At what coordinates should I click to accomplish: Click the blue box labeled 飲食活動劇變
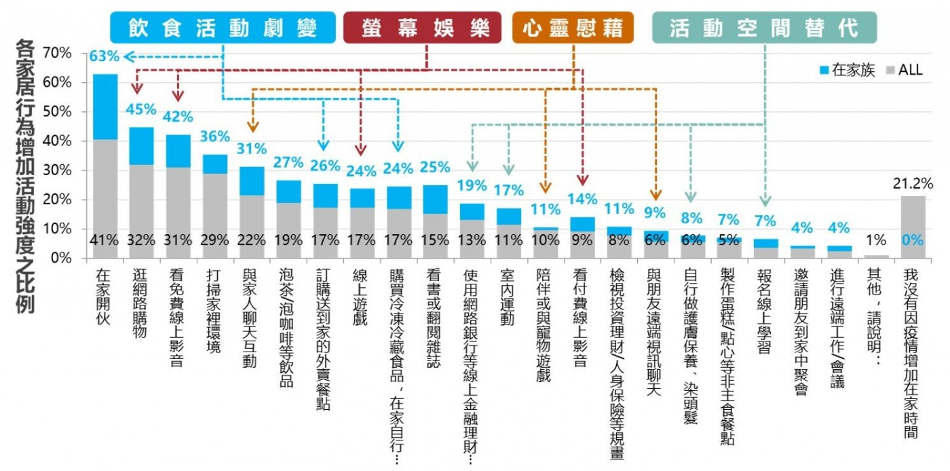(x=223, y=28)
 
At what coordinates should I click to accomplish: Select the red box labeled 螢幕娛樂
(x=422, y=28)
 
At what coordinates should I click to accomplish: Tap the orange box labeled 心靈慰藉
(x=573, y=28)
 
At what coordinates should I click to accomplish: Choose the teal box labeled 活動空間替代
(x=764, y=28)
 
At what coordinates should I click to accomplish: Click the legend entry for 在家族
(x=849, y=70)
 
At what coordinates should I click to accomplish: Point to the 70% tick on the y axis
(x=57, y=53)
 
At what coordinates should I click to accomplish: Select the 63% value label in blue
(x=104, y=56)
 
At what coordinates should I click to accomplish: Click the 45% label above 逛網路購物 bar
(x=141, y=109)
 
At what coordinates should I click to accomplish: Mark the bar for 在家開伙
(x=105, y=166)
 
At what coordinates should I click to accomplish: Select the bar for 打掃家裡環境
(x=215, y=207)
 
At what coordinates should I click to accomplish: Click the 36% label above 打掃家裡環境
(x=215, y=136)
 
